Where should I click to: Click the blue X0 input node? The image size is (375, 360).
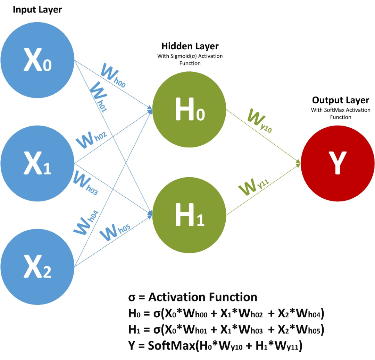tap(37, 60)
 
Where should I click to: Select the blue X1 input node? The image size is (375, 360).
tap(37, 163)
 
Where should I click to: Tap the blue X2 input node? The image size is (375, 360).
tap(37, 267)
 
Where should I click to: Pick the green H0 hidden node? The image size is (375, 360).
tap(189, 109)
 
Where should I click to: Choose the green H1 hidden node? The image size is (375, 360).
tap(189, 215)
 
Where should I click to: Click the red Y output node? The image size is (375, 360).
tap(338, 163)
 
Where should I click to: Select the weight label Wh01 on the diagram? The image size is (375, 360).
tap(99, 96)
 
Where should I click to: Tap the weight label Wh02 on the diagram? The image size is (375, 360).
tap(91, 140)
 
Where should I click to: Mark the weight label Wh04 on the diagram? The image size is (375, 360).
tap(86, 223)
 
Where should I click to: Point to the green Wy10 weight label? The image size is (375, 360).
tap(260, 120)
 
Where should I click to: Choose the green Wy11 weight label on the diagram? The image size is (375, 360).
tap(254, 187)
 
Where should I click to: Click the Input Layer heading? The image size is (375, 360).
tap(37, 10)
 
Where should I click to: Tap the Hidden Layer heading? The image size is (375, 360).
tap(190, 46)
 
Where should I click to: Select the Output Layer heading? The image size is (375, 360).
tap(341, 100)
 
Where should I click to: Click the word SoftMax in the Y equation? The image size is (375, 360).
tap(172, 346)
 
